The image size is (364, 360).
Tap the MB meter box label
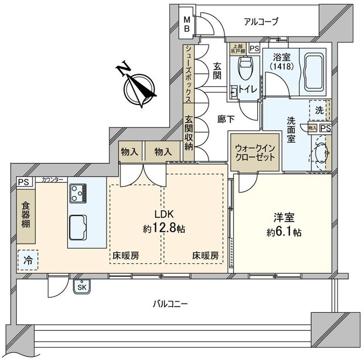click(x=187, y=24)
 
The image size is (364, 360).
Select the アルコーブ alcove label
click(x=261, y=21)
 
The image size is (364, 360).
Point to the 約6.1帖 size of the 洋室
click(x=284, y=232)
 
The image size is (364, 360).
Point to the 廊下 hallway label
click(x=226, y=120)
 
